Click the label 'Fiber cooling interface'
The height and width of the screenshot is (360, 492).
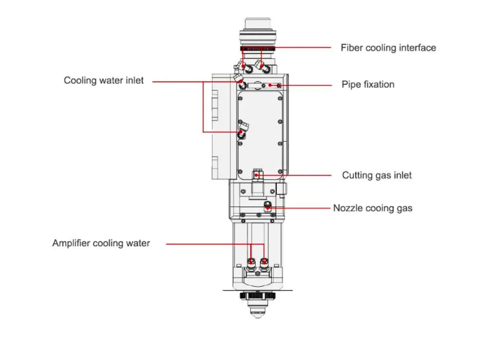click(388, 48)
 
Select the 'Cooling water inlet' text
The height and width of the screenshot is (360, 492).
click(103, 80)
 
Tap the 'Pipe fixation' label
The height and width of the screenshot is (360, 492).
click(368, 85)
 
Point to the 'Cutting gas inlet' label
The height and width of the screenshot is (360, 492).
click(376, 175)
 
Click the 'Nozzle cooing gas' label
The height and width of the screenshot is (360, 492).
click(373, 208)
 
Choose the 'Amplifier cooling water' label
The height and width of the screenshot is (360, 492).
click(101, 243)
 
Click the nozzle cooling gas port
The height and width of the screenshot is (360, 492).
click(267, 206)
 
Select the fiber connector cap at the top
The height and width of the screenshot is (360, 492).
click(258, 23)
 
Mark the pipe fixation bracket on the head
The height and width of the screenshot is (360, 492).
click(264, 85)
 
